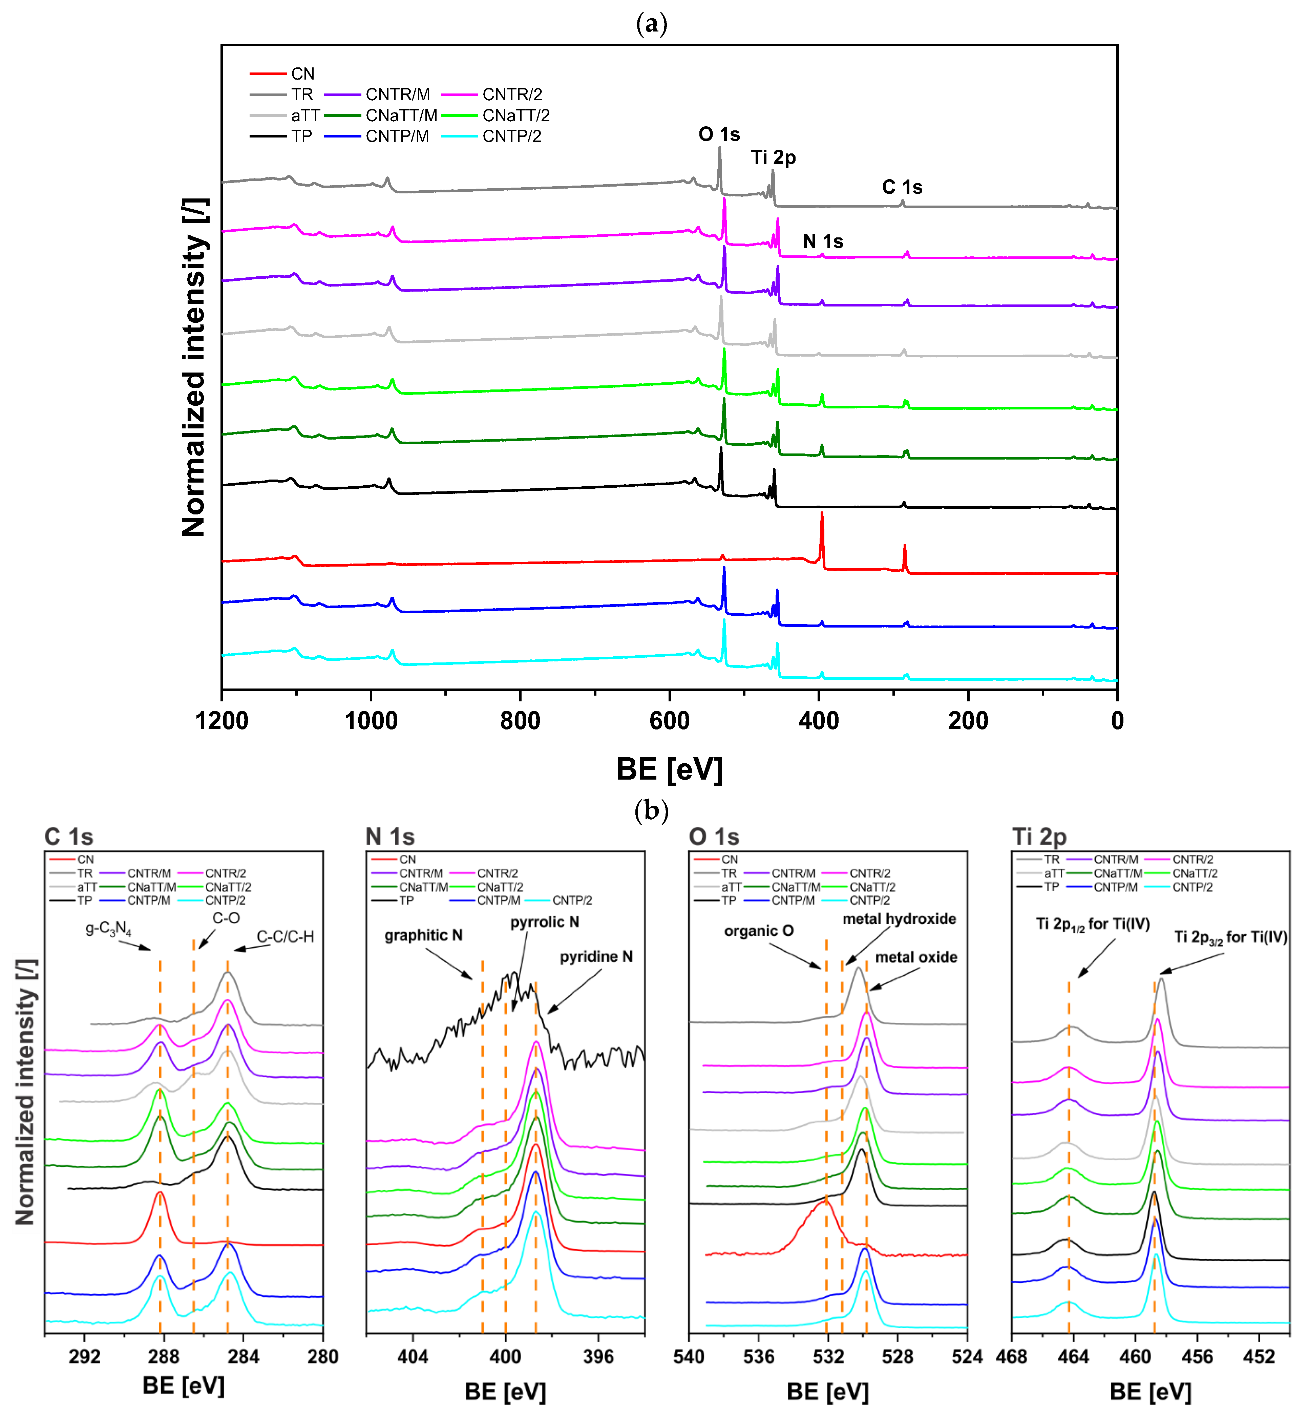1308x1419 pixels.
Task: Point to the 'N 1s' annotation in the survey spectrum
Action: (822, 241)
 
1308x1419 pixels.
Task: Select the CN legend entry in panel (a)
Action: (302, 73)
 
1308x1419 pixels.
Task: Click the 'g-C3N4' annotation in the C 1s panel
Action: (108, 929)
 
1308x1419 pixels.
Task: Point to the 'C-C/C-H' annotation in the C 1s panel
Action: (284, 936)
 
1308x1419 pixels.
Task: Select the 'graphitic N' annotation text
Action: (423, 935)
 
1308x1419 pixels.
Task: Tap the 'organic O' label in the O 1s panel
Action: (759, 931)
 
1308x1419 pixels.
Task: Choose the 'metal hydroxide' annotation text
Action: (899, 919)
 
